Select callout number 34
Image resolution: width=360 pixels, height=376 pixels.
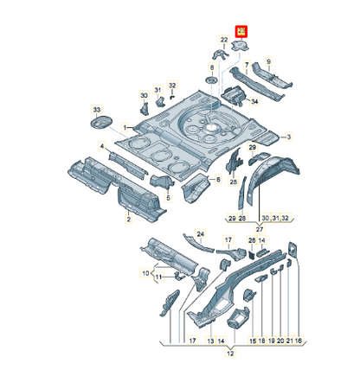[x=254, y=101]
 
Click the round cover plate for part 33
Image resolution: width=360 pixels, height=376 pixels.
[x=99, y=124]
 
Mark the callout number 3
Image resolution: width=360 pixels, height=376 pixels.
[x=290, y=137]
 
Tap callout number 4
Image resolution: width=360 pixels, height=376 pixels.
[x=101, y=147]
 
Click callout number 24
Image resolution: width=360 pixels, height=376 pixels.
[x=199, y=233]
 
